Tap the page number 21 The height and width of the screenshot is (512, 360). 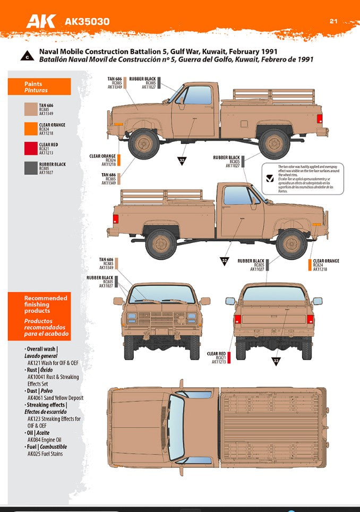pos(333,21)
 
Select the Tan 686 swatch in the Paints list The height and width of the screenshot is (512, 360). pos(31,109)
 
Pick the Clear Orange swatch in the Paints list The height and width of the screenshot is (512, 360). pos(31,129)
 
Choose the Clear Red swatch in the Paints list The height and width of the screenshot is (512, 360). pos(31,149)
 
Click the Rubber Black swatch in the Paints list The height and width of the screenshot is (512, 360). pos(31,168)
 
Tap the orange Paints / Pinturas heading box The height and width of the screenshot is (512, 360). pos(39,87)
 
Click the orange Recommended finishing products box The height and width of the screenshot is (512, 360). pos(39,316)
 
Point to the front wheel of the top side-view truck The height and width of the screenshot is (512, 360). pos(143,144)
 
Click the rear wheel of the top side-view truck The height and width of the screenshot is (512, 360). pos(275,144)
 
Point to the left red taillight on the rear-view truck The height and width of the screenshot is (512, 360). pos(238,319)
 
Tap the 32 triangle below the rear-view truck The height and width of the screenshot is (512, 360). pos(276,361)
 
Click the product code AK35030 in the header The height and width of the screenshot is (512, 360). pos(87,22)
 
